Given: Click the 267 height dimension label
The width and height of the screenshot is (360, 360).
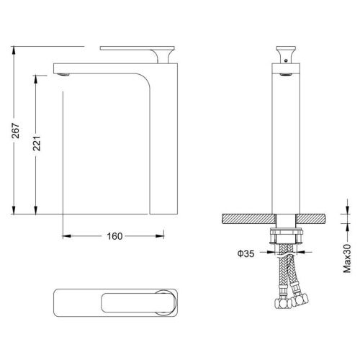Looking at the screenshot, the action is [16, 130].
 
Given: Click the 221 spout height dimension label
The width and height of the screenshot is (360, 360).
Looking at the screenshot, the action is [37, 143].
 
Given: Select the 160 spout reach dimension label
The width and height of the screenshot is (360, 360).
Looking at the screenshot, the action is [114, 236].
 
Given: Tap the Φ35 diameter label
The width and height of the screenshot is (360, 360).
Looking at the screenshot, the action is [246, 253].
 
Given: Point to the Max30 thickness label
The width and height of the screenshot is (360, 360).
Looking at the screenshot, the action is [347, 258].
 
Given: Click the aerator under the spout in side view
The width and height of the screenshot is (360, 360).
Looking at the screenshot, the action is [64, 74].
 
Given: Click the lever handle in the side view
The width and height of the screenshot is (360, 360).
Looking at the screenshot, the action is [138, 54].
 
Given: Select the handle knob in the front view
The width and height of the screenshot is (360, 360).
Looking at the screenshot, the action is [286, 55].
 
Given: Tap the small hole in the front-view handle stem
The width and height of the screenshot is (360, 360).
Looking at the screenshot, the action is [286, 60].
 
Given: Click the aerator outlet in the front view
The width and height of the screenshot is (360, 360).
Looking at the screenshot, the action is [286, 75].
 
